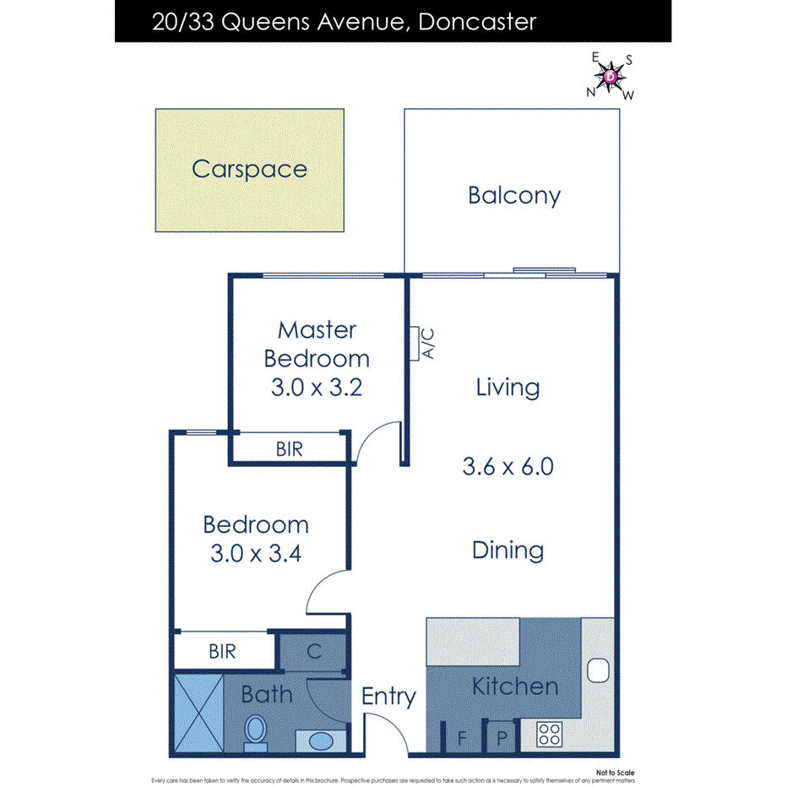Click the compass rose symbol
(611, 77)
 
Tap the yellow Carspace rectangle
(249, 170)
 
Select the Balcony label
(513, 196)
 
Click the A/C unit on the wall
(414, 343)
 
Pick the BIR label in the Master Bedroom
(289, 449)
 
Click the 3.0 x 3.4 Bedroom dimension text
(255, 554)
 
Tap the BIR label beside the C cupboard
(222, 652)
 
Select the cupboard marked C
(312, 652)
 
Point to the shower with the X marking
(198, 713)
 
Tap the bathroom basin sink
(321, 741)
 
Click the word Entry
(388, 697)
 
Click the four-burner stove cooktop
(550, 735)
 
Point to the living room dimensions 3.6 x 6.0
(507, 466)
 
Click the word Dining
(507, 551)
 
